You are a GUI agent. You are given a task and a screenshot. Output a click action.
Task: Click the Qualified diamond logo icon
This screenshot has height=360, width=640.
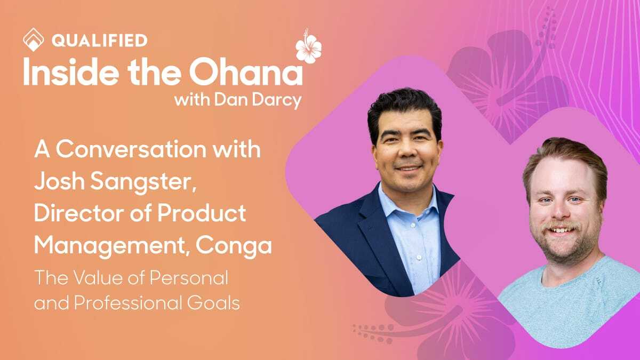coord(33,39)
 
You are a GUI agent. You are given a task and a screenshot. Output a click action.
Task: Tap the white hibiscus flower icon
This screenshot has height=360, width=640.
coord(309,47)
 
